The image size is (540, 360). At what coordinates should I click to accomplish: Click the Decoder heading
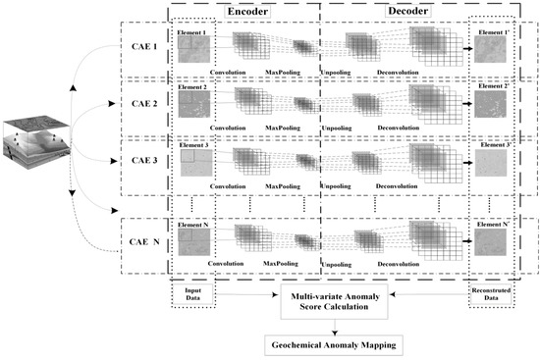click(x=395, y=12)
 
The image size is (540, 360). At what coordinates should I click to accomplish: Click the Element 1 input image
click(x=194, y=49)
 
